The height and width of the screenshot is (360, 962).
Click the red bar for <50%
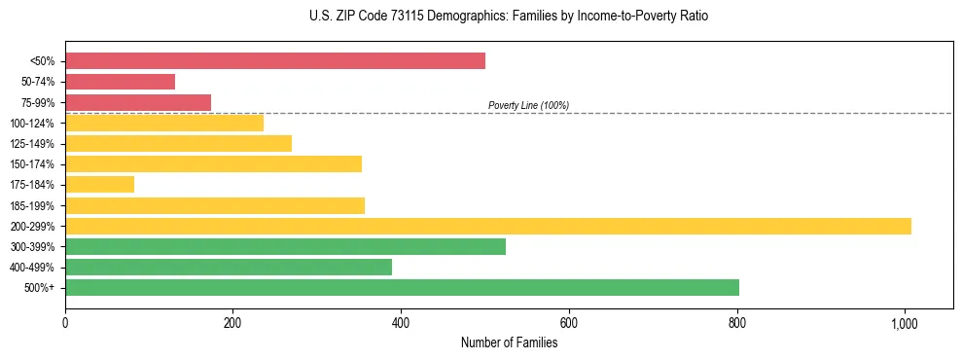pos(275,61)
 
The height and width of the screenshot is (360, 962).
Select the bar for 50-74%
pos(121,82)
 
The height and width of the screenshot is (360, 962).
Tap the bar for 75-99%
pos(138,102)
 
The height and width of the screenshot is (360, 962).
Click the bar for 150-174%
pos(213,163)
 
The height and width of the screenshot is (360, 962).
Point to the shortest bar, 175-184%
pos(99,184)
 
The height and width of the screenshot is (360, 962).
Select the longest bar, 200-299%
pos(488,226)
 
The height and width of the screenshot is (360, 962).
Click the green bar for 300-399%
pos(285,246)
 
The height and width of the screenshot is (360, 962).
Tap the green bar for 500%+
pos(402,287)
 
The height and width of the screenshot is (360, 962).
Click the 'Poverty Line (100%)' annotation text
pos(528,105)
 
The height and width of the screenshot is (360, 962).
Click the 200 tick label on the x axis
pos(232,322)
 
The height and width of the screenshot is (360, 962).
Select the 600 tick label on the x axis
pos(569,322)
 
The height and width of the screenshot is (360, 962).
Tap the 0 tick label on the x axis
pos(65,322)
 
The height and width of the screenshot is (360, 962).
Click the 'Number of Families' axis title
pos(509,342)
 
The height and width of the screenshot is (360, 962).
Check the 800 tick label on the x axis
pos(737,322)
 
